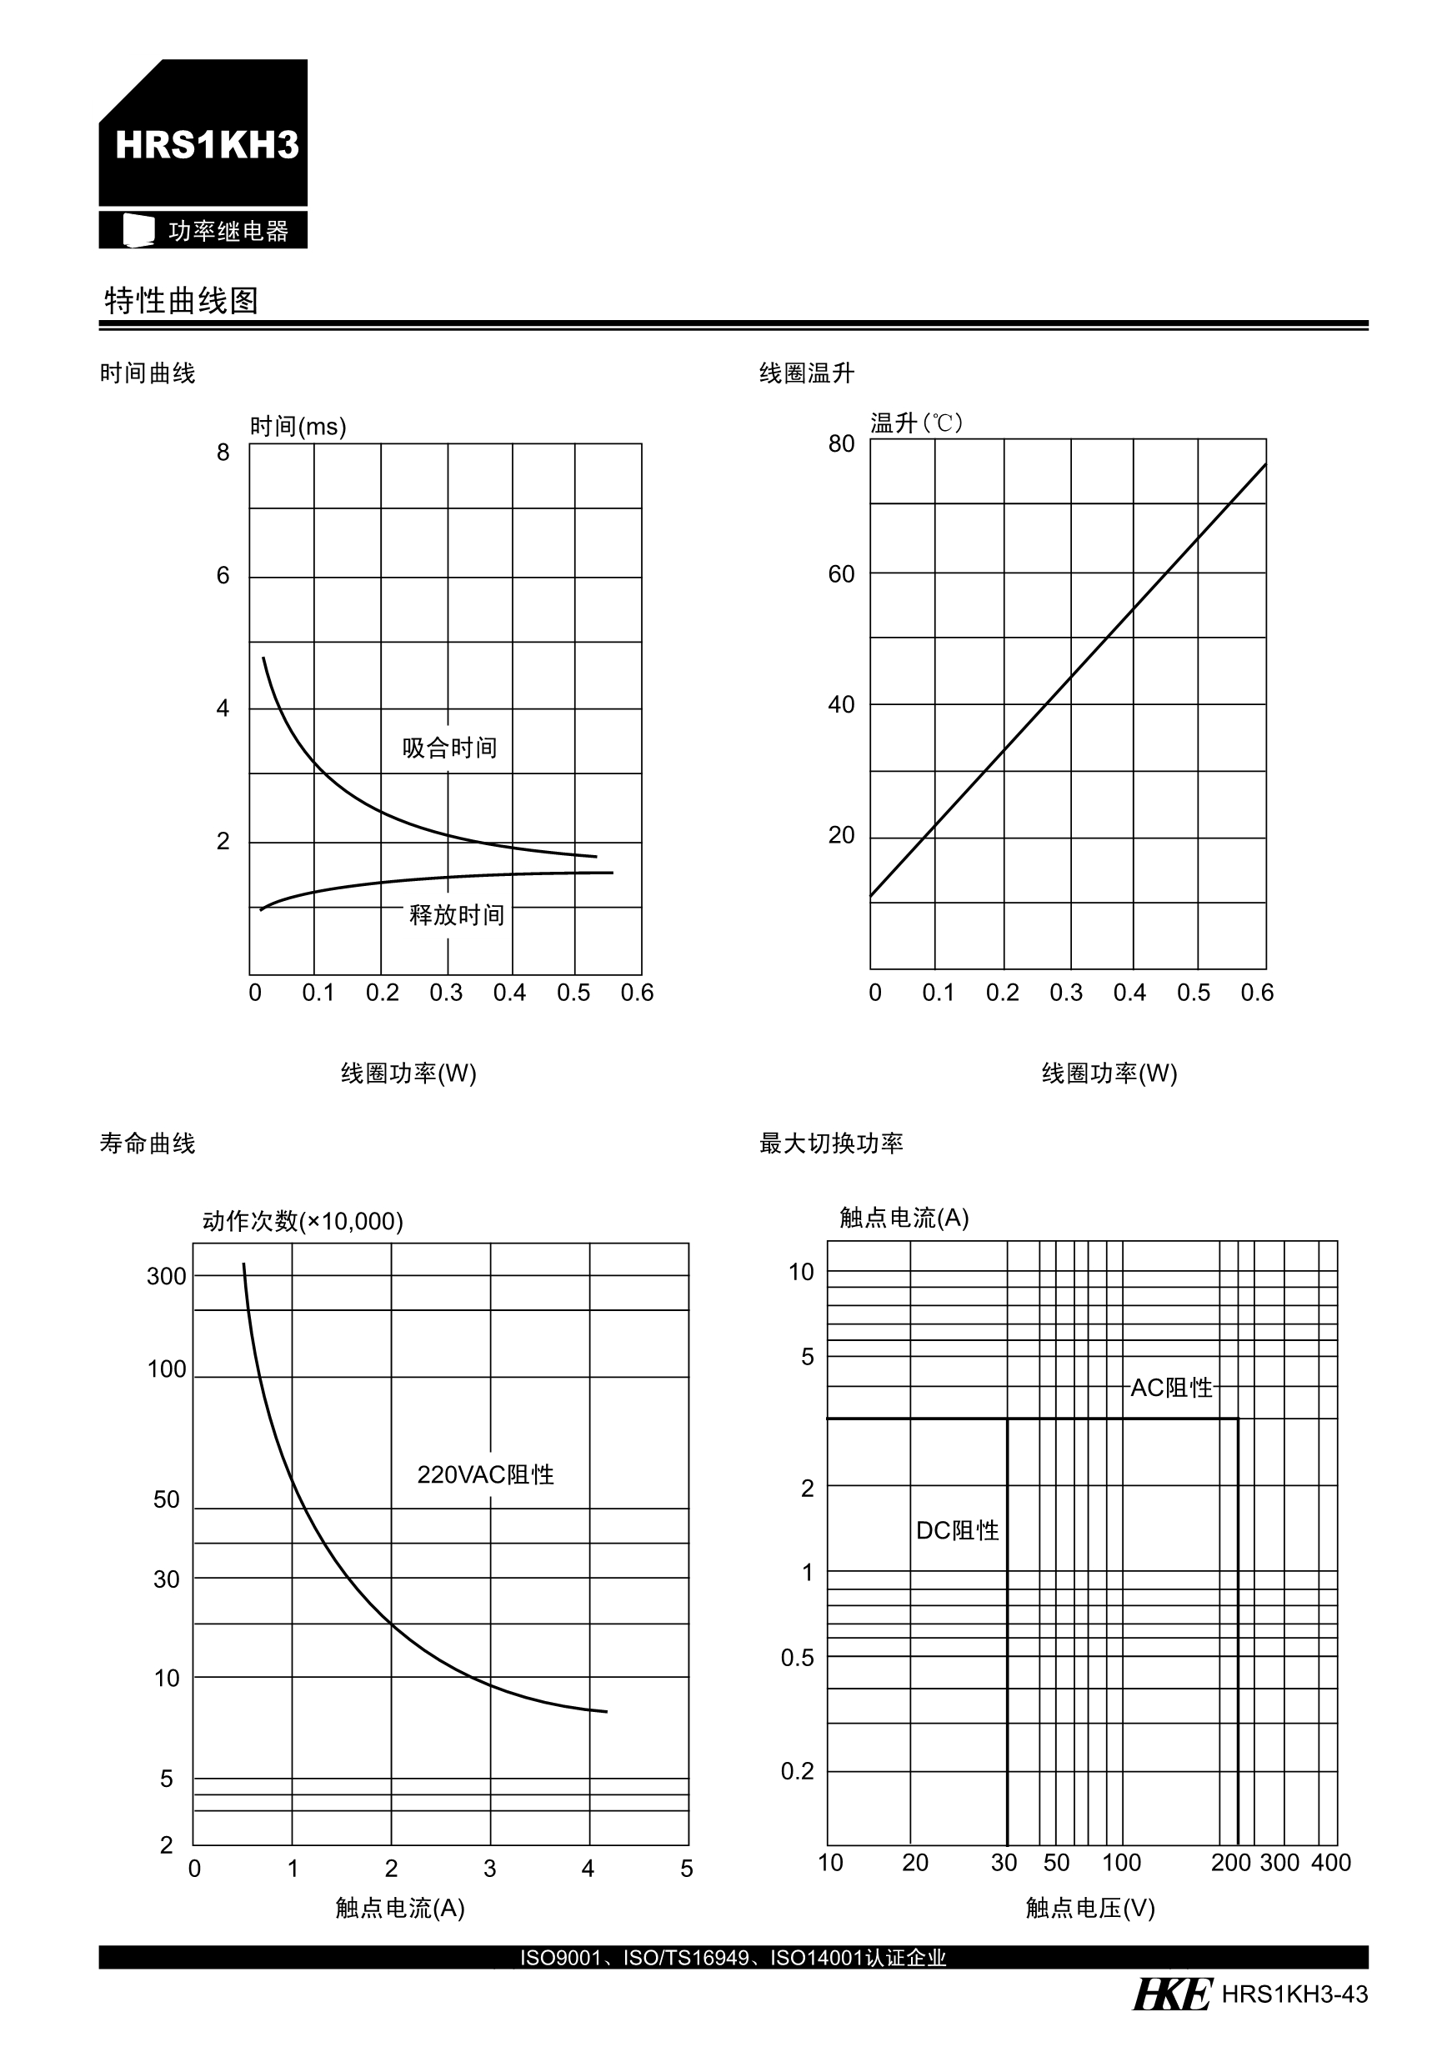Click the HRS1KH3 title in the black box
tap(206, 145)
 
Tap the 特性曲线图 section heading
tap(181, 301)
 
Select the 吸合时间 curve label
tap(449, 748)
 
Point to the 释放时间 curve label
tap(457, 914)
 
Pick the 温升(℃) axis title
tap(916, 423)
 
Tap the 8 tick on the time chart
tap(223, 452)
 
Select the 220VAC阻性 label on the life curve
tap(485, 1474)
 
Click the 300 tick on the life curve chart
tap(167, 1276)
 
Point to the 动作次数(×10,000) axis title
tap(303, 1221)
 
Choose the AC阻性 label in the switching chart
tap(1170, 1387)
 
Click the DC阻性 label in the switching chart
tap(957, 1530)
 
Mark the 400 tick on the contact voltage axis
tap(1330, 1862)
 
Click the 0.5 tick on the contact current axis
tap(797, 1658)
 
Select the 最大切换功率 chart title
tap(830, 1144)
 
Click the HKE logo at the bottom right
tap(1171, 1994)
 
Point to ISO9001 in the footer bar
tap(559, 1957)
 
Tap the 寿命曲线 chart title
tap(147, 1144)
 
